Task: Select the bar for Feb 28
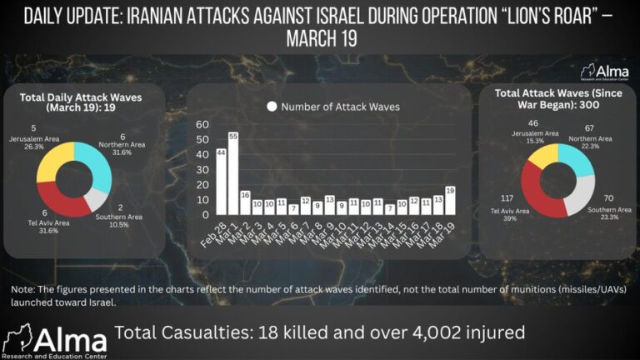221,183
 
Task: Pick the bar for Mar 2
245,204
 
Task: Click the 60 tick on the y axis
202,124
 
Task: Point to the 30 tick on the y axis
202,170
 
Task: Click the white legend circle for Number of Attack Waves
271,107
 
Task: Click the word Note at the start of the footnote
24,289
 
